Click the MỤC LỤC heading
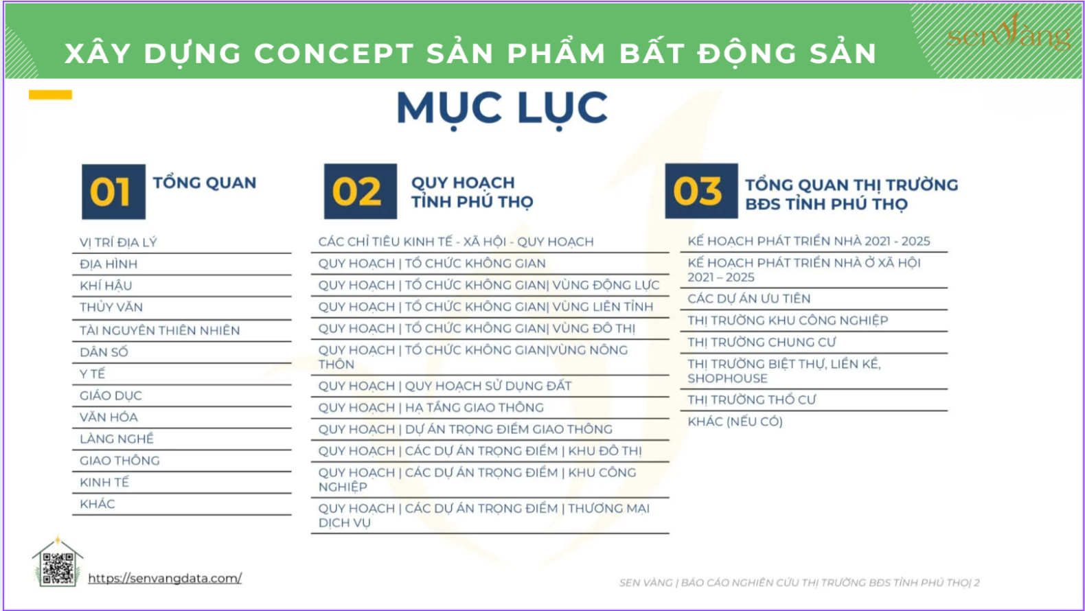(x=502, y=108)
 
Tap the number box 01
(x=113, y=192)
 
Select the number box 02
(x=361, y=192)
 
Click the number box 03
(x=701, y=191)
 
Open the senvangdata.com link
(x=165, y=578)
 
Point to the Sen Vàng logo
(x=1009, y=33)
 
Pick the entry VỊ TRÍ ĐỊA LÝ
(x=118, y=242)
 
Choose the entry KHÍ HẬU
(x=106, y=286)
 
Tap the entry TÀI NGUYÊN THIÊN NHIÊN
(x=160, y=330)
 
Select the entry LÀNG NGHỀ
(x=116, y=439)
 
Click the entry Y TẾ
(x=92, y=373)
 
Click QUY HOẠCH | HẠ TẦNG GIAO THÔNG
(x=431, y=408)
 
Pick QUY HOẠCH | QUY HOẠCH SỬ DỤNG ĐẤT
(x=445, y=386)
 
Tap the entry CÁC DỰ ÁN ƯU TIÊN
(x=749, y=299)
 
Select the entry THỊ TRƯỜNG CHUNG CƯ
(x=762, y=343)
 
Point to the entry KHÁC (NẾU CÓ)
(x=735, y=422)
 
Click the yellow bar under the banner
(x=50, y=95)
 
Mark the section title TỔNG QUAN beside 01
(x=205, y=183)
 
